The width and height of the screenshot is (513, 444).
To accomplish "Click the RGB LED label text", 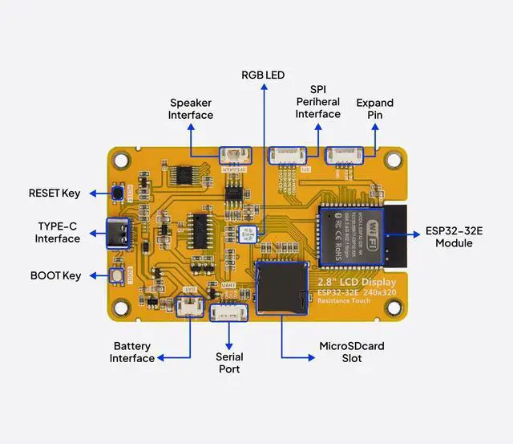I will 263,75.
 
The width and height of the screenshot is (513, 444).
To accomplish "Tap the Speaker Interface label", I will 191,108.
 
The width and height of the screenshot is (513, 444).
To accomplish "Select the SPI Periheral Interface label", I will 317,102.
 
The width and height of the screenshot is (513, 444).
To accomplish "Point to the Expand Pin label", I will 374,108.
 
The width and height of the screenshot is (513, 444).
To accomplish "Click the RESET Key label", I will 55,193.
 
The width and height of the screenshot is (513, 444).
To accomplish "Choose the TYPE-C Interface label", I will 58,232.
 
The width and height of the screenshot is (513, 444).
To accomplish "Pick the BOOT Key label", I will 56,275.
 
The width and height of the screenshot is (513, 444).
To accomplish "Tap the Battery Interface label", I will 132,352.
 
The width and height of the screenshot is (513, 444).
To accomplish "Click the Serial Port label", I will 229,362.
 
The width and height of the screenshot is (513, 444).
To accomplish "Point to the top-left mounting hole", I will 121,160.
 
